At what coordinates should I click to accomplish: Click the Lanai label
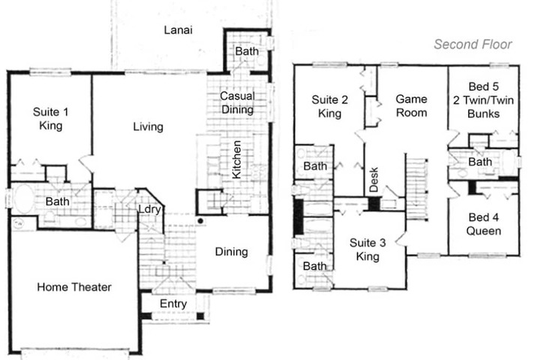pos(178,30)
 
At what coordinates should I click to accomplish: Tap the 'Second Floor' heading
pos(472,44)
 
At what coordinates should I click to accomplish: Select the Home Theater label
pos(74,287)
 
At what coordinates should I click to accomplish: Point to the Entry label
pos(173,304)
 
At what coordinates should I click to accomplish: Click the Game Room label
pos(411,106)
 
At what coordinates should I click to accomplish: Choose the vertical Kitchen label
pos(236,160)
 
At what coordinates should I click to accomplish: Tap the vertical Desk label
pos(373,179)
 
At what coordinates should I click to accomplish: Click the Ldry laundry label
pos(149,209)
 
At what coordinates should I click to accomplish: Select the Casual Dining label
pos(237,103)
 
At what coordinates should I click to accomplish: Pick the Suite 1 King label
pos(51,118)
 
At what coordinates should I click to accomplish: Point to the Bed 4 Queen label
pos(484,224)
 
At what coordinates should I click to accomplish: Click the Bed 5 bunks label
pos(484,100)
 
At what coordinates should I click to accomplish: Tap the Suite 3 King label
pos(367,250)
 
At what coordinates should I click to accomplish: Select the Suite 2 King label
pos(329,106)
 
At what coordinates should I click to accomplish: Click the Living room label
pos(148,127)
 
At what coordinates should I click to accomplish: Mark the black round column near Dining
pos(200,220)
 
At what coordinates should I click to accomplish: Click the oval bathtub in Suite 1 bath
pos(23,199)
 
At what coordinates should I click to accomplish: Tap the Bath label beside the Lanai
pos(247,51)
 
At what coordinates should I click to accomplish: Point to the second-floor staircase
pos(417,187)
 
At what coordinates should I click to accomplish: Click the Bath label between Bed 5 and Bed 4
pos(480,161)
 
